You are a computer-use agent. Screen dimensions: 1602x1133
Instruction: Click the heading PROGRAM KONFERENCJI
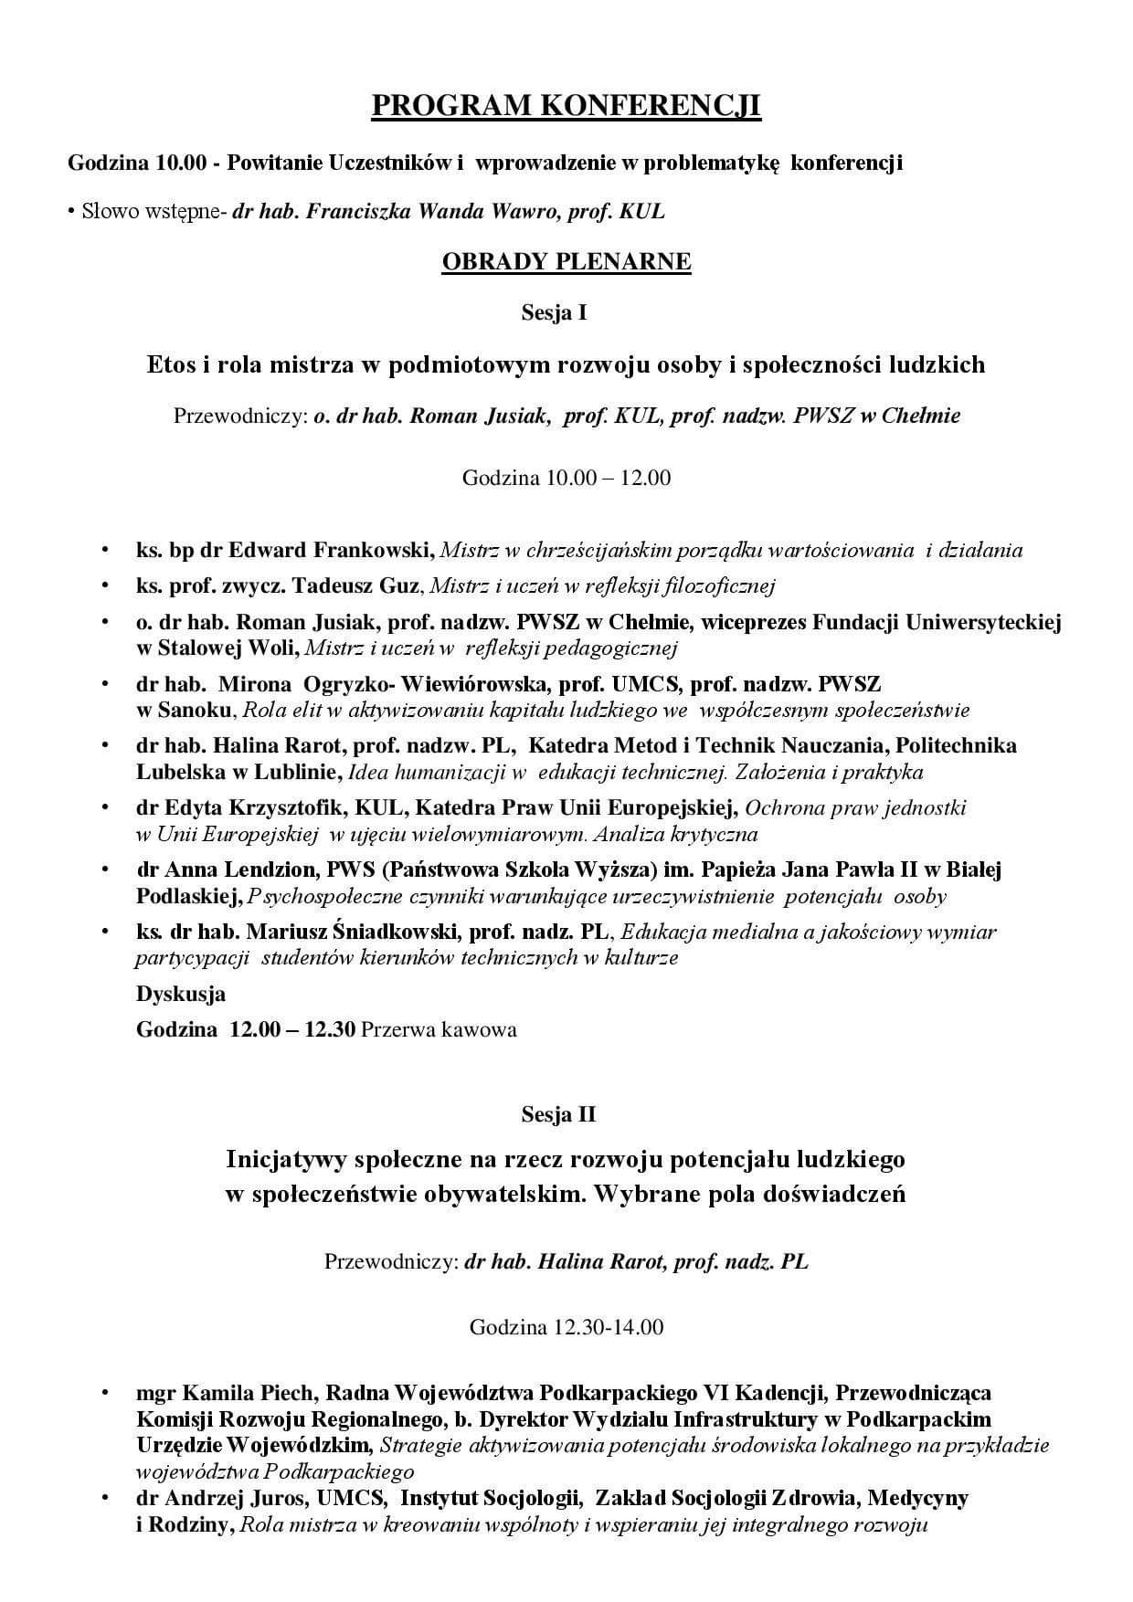pyautogui.click(x=566, y=106)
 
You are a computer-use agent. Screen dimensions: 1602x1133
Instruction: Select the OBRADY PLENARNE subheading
pyautogui.click(x=566, y=262)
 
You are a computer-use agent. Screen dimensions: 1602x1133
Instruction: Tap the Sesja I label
pyautogui.click(x=554, y=313)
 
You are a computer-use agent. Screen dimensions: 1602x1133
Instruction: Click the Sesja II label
pyautogui.click(x=558, y=1114)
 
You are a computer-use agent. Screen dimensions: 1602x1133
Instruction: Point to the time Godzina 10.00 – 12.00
pyautogui.click(x=566, y=477)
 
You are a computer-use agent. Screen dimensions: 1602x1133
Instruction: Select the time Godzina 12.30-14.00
pyautogui.click(x=566, y=1326)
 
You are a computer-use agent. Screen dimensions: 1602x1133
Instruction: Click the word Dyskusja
pyautogui.click(x=181, y=993)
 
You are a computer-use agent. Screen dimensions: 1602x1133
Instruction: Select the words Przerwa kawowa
pyautogui.click(x=439, y=1029)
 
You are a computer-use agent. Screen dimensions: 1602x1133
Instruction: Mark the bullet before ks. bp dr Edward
pyautogui.click(x=106, y=551)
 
